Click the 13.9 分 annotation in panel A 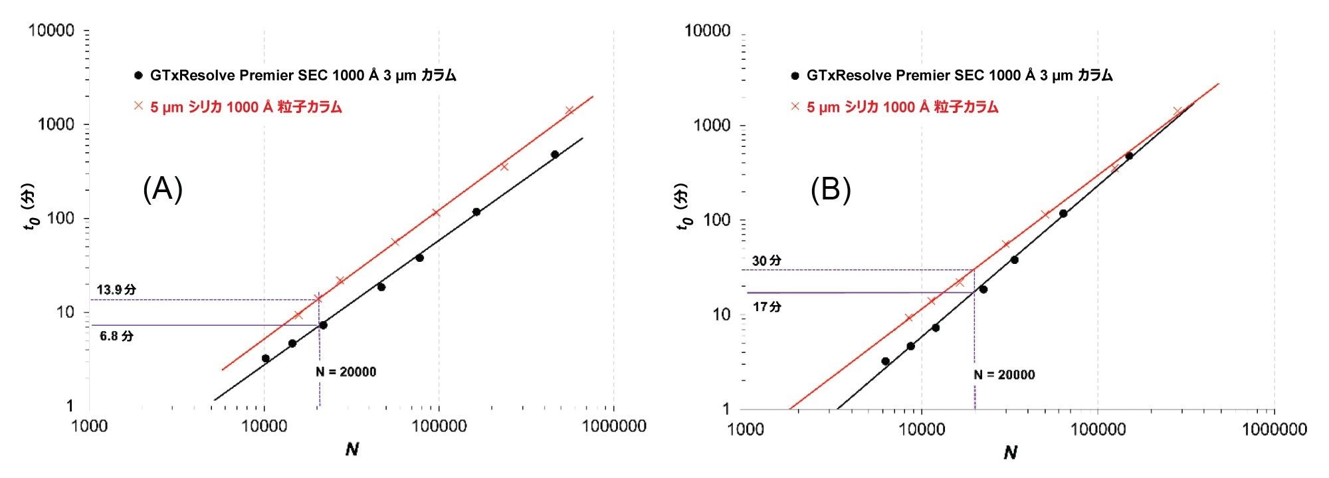pyautogui.click(x=116, y=290)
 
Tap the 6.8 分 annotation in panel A pyautogui.click(x=116, y=336)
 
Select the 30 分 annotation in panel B pyautogui.click(x=766, y=261)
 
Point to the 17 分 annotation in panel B pyautogui.click(x=766, y=307)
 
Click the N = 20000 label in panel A pyautogui.click(x=346, y=372)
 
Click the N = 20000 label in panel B pyautogui.click(x=1004, y=375)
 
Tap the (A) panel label pyautogui.click(x=163, y=190)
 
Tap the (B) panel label pyautogui.click(x=831, y=191)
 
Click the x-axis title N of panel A pyautogui.click(x=352, y=450)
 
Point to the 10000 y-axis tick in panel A pyautogui.click(x=51, y=31)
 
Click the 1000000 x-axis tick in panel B pyautogui.click(x=1274, y=429)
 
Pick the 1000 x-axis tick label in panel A pyautogui.click(x=89, y=426)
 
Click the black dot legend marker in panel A pyautogui.click(x=138, y=76)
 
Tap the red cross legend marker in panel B pyautogui.click(x=795, y=106)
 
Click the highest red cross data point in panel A pyautogui.click(x=569, y=110)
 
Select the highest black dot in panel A pyautogui.click(x=555, y=154)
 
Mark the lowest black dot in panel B pyautogui.click(x=885, y=362)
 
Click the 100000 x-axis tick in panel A pyautogui.click(x=439, y=426)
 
